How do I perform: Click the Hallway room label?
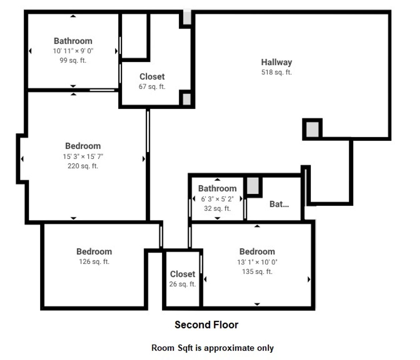pyautogui.click(x=276, y=62)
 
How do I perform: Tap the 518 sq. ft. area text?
pyautogui.click(x=276, y=72)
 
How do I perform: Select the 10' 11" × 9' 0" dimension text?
pyautogui.click(x=73, y=51)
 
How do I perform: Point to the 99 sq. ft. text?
pyautogui.click(x=73, y=60)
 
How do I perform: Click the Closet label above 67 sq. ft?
pyautogui.click(x=152, y=77)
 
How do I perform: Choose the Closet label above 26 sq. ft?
pyautogui.click(x=182, y=274)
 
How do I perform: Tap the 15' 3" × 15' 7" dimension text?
pyautogui.click(x=83, y=156)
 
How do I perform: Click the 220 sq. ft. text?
pyautogui.click(x=83, y=166)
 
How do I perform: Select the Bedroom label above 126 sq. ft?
pyautogui.click(x=94, y=252)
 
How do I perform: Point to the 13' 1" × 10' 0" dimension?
pyautogui.click(x=257, y=262)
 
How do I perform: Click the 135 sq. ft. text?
pyautogui.click(x=257, y=272)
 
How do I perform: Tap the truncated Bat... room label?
pyautogui.click(x=279, y=204)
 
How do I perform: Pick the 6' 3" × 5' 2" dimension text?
pyautogui.click(x=217, y=199)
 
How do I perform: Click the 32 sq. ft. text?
pyautogui.click(x=217, y=208)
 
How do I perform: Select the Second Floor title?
pyautogui.click(x=206, y=325)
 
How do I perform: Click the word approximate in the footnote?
pyautogui.click(x=229, y=348)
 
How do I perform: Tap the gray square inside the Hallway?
pyautogui.click(x=312, y=129)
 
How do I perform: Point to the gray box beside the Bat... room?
pyautogui.click(x=253, y=186)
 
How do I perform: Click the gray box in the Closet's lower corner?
pyautogui.click(x=187, y=99)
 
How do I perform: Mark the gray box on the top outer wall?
pyautogui.click(x=187, y=17)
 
